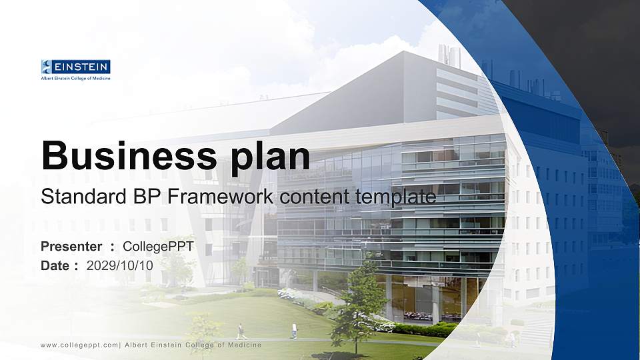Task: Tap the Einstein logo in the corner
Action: pos(75,67)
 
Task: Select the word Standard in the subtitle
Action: pos(79,197)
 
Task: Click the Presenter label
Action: pos(71,247)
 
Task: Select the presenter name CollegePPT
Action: pos(159,247)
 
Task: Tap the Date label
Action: pos(55,265)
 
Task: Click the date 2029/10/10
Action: pos(119,265)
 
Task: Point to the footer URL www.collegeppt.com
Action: pos(79,345)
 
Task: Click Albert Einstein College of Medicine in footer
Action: pos(193,345)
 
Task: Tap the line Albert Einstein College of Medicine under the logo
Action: pos(75,78)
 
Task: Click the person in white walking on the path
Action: pos(294,331)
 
